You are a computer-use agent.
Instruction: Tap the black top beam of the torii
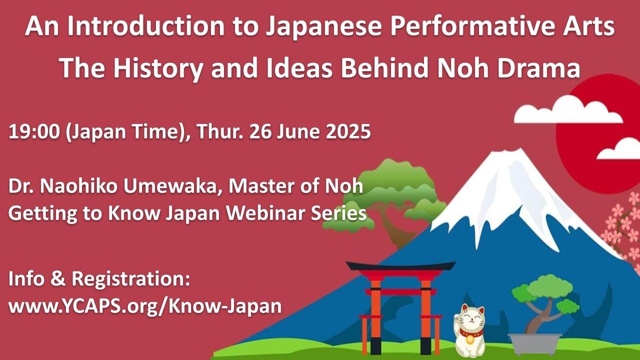pyautogui.click(x=400, y=266)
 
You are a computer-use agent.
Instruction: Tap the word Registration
pyautogui.click(x=131, y=279)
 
